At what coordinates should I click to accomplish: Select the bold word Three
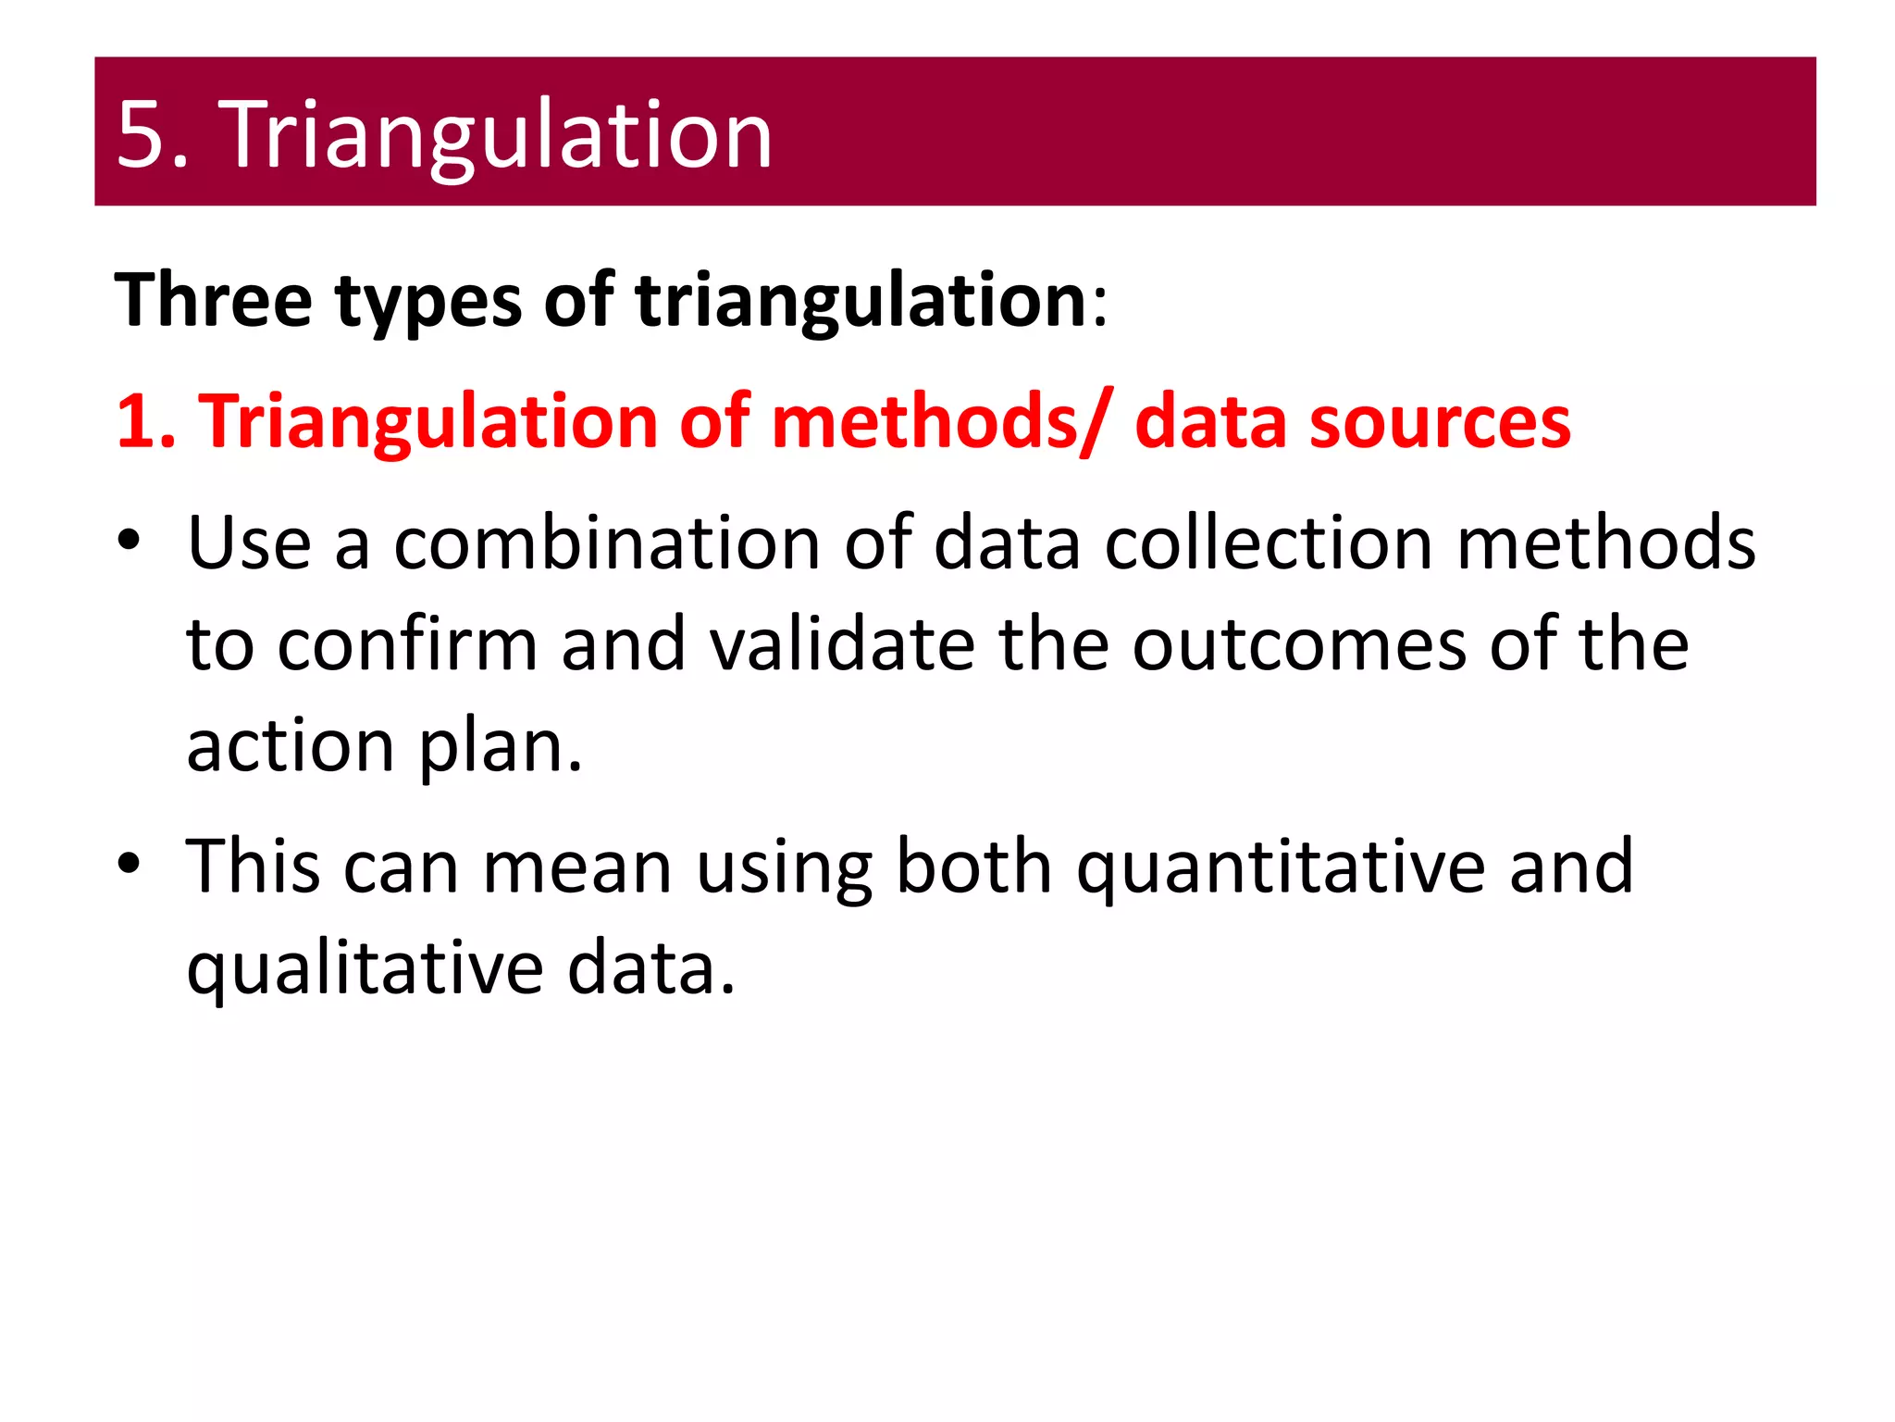click(x=214, y=300)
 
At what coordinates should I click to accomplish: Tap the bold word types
click(x=428, y=302)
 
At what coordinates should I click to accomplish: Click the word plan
click(x=500, y=746)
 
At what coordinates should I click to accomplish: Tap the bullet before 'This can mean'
click(x=129, y=864)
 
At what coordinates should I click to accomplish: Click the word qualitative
click(x=365, y=969)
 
